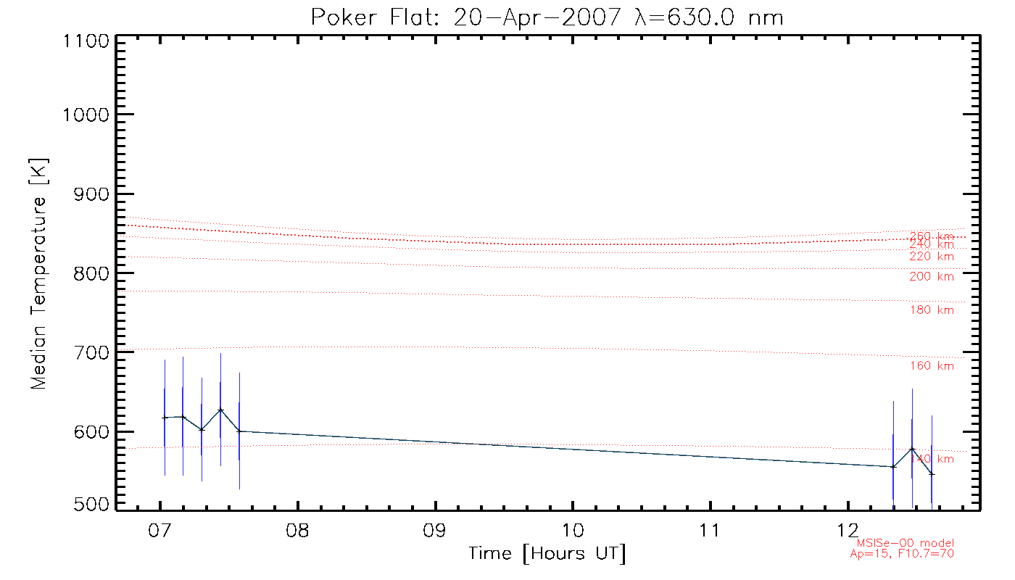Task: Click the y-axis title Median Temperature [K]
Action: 38,273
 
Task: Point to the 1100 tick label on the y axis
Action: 85,41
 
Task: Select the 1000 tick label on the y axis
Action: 85,115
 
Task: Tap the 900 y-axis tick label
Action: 91,194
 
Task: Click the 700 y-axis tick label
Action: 91,352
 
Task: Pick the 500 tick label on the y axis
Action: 91,505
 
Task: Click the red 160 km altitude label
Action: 932,366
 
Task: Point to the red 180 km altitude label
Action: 932,310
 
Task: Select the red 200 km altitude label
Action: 932,276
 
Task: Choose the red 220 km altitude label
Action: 932,257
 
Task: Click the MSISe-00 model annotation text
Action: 906,544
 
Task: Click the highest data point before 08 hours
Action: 220,410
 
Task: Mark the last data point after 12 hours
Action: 932,474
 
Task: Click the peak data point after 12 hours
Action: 912,449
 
